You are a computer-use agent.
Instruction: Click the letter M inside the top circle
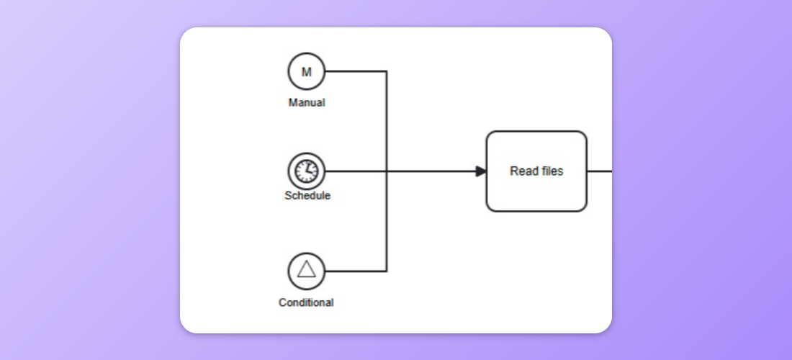coord(307,72)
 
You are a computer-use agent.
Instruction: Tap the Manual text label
coord(307,103)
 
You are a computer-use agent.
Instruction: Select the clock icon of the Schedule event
coord(307,171)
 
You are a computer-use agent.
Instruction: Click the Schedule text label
coord(307,196)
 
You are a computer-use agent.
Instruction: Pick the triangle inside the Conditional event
coord(307,270)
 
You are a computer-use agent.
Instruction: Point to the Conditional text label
coord(306,302)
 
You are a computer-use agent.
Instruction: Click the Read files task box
coord(536,191)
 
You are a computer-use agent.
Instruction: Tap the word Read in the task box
coord(523,171)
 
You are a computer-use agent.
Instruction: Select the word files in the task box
coord(551,171)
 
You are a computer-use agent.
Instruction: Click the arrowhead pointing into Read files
coord(481,171)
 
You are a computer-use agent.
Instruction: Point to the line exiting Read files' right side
coord(600,171)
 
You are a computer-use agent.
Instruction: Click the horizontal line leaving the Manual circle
coord(356,71)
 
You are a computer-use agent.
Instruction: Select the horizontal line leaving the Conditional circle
coord(356,271)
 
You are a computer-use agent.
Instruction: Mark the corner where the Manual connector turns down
coord(387,71)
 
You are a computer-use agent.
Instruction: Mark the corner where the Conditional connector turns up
coord(387,271)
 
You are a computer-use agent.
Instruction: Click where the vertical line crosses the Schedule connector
coord(387,171)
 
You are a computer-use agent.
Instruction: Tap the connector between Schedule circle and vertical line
coord(356,171)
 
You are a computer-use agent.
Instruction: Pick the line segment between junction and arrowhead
coord(432,171)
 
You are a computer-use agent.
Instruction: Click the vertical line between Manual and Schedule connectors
coord(387,121)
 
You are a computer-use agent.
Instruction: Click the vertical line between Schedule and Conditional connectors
coord(387,222)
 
